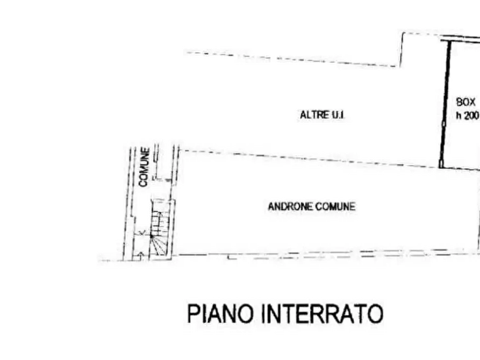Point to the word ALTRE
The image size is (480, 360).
309,115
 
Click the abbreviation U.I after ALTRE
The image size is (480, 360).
339,115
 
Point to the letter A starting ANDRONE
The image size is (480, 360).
270,206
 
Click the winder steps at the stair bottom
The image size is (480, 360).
159,244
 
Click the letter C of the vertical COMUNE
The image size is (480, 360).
144,183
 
